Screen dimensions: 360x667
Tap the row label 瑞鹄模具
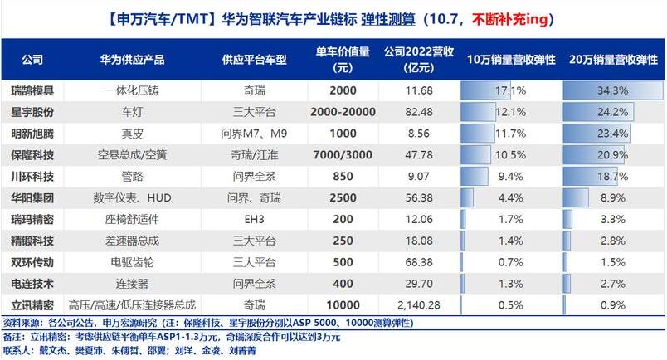pos(33,90)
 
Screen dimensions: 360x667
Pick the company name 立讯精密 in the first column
pos(33,305)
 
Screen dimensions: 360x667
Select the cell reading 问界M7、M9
pos(250,133)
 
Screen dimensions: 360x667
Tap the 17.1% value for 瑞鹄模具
pos(511,90)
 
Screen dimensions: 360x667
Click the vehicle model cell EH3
pos(250,219)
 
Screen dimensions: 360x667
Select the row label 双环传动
pos(33,262)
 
